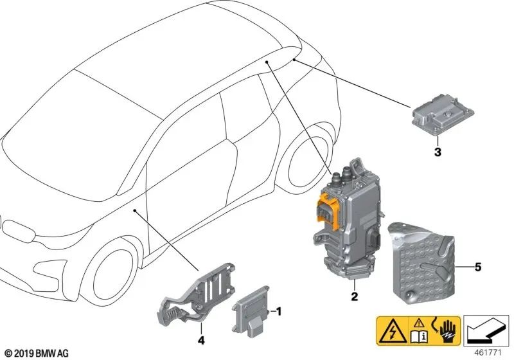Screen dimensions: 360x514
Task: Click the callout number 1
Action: (278, 311)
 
